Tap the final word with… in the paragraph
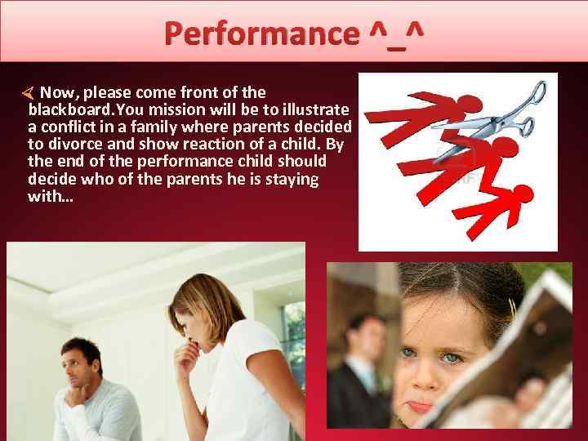[x=51, y=196]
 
